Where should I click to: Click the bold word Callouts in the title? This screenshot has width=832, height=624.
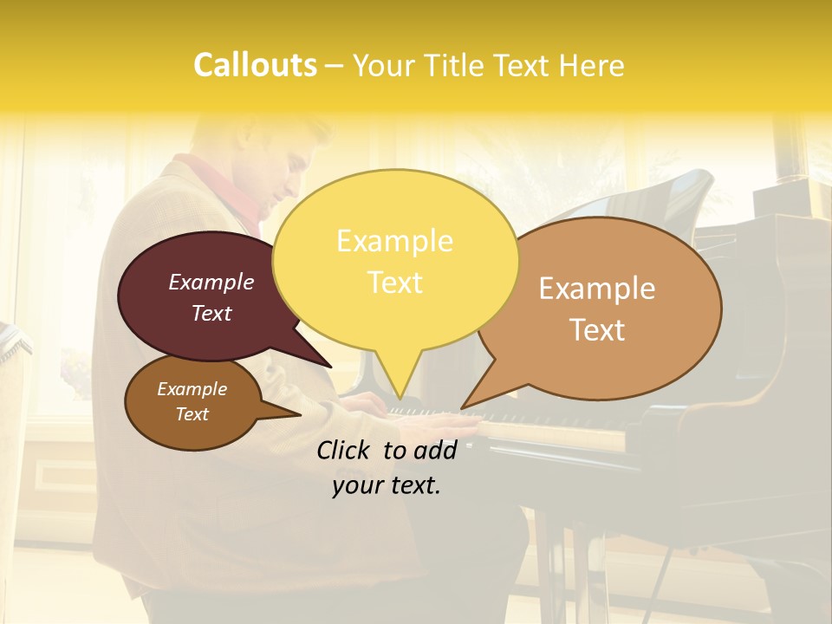click(255, 66)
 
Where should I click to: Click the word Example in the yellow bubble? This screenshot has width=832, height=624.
click(394, 241)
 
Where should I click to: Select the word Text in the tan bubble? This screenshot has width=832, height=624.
click(597, 330)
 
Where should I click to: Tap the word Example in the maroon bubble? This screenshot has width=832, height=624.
click(211, 282)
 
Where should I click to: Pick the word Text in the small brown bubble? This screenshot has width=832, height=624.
click(192, 414)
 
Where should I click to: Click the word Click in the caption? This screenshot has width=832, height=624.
click(346, 450)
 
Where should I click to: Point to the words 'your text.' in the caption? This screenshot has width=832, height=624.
click(387, 486)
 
